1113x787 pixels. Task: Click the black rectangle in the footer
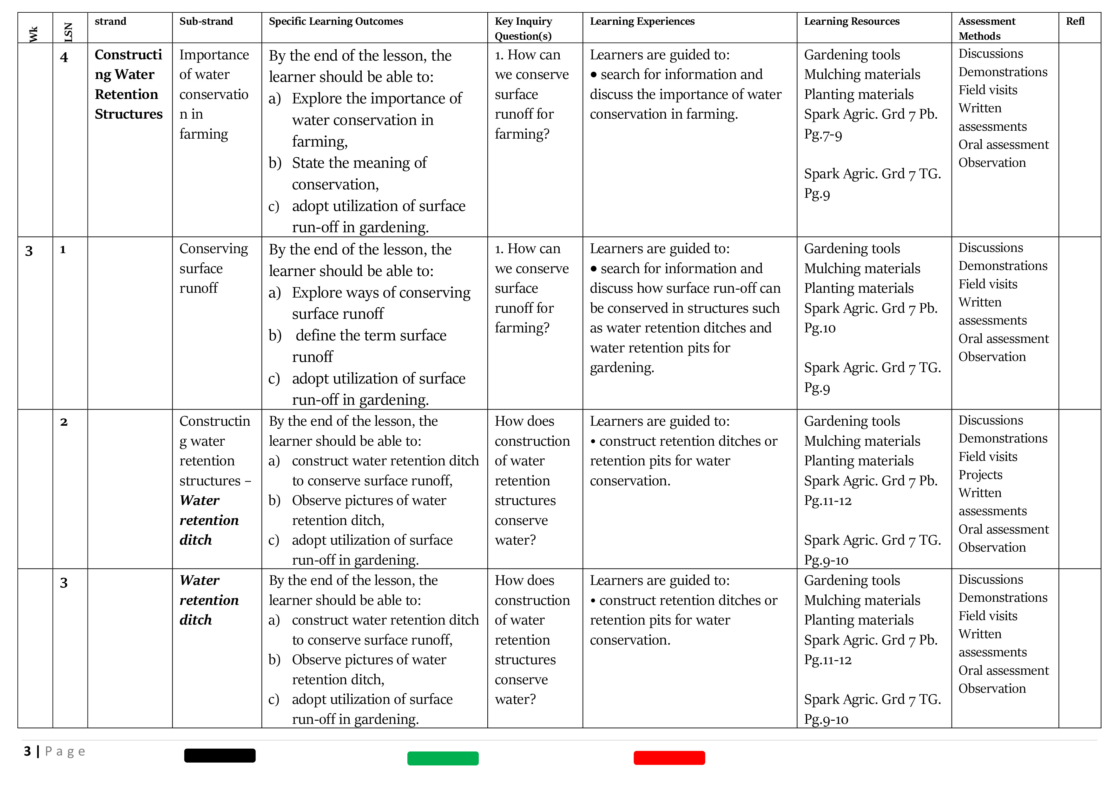point(220,756)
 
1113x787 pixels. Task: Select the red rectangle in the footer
point(669,758)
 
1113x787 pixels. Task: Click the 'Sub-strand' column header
point(206,21)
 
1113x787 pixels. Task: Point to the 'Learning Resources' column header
point(851,21)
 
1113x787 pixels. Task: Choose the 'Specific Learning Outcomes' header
point(336,21)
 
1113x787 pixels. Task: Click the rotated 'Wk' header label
point(33,34)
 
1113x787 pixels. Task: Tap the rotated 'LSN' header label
point(68,32)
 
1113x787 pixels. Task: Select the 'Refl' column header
point(1075,21)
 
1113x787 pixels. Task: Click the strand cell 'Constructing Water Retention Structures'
point(128,84)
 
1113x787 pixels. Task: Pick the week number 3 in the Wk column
point(29,251)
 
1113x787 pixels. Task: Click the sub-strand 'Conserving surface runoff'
point(213,268)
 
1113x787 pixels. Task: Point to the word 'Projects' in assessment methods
point(980,475)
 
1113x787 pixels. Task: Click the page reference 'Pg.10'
point(820,328)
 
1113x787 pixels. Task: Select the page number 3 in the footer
point(28,751)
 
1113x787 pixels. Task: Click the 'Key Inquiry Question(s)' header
point(523,29)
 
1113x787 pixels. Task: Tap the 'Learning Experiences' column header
point(642,21)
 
